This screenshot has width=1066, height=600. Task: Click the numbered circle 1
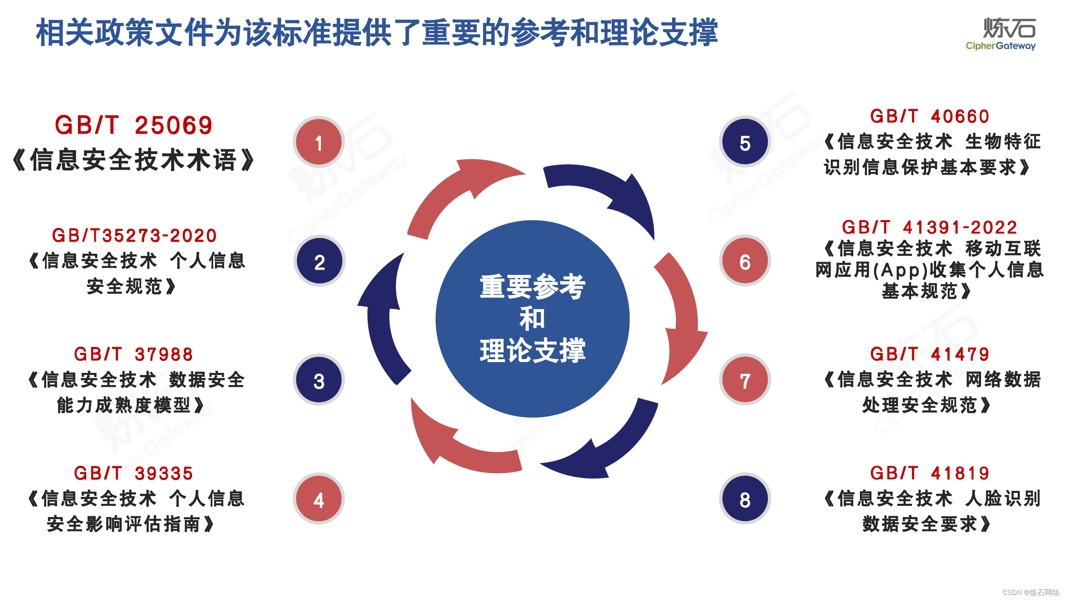click(319, 142)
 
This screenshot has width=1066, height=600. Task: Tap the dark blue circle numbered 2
click(319, 261)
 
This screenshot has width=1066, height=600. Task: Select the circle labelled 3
click(319, 380)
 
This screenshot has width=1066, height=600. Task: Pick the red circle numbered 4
click(319, 499)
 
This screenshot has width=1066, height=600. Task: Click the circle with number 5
click(745, 142)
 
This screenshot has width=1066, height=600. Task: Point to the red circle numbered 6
click(745, 261)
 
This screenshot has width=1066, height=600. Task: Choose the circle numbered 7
click(745, 380)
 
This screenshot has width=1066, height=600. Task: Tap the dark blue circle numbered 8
click(745, 499)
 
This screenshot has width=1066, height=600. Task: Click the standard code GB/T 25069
click(134, 125)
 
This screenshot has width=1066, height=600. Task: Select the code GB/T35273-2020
click(134, 236)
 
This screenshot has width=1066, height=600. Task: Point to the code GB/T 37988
click(134, 355)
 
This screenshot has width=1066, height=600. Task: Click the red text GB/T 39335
click(134, 473)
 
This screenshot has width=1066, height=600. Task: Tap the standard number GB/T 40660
click(929, 117)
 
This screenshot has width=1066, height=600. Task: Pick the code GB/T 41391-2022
click(929, 227)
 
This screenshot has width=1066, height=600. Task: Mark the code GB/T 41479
click(929, 355)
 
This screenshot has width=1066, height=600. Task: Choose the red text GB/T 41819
click(929, 473)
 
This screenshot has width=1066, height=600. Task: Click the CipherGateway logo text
click(1001, 46)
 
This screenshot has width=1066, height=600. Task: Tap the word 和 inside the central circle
click(532, 318)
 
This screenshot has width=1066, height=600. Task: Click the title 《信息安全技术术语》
click(134, 160)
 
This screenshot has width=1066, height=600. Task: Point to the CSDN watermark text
click(1031, 592)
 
